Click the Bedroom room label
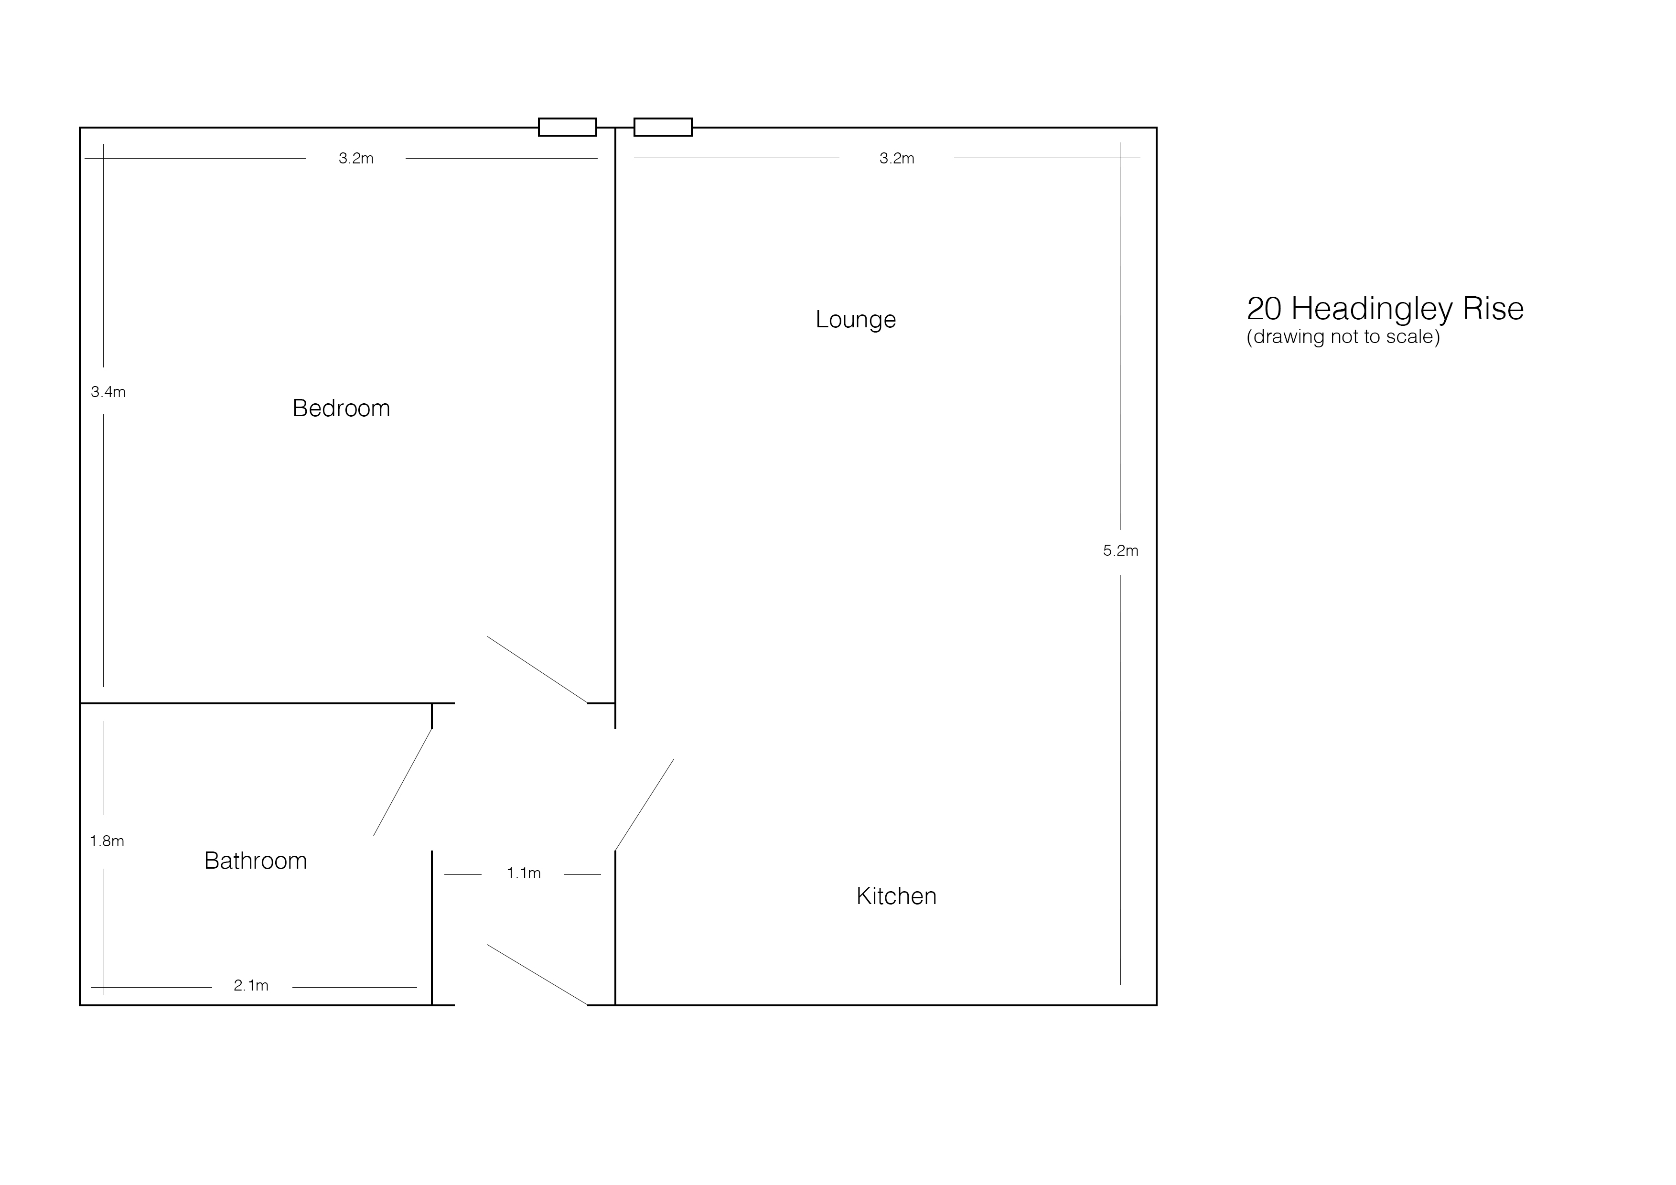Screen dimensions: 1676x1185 point(341,408)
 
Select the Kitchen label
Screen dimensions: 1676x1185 point(896,896)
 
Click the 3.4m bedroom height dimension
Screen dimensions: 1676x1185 point(108,392)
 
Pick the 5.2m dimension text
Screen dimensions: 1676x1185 point(1120,550)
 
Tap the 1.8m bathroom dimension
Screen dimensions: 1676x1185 point(107,841)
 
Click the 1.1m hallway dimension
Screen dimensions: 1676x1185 point(523,873)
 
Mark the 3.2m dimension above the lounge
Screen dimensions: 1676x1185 point(896,159)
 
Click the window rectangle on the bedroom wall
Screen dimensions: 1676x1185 point(567,127)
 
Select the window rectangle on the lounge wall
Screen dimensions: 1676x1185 point(663,127)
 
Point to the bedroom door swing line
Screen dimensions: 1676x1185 point(537,669)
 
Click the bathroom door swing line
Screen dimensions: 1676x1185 point(403,782)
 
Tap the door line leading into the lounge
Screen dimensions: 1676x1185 point(645,805)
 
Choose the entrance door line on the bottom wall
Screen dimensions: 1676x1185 point(537,975)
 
